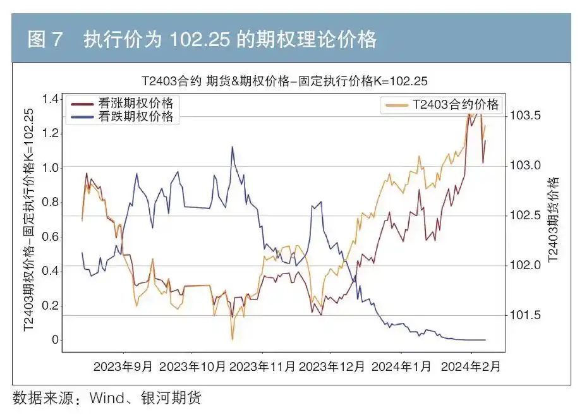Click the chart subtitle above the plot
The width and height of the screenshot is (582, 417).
tap(284, 81)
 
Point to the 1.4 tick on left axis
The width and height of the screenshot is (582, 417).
tap(51, 99)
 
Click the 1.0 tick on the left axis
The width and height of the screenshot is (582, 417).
tap(51, 168)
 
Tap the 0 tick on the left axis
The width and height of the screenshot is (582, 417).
tap(56, 341)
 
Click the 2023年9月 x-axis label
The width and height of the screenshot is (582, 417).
tap(123, 366)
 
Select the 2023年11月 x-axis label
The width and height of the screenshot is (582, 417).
tap(262, 366)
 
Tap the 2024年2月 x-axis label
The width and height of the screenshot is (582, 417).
tap(471, 366)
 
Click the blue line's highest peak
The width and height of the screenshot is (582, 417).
tap(232, 147)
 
